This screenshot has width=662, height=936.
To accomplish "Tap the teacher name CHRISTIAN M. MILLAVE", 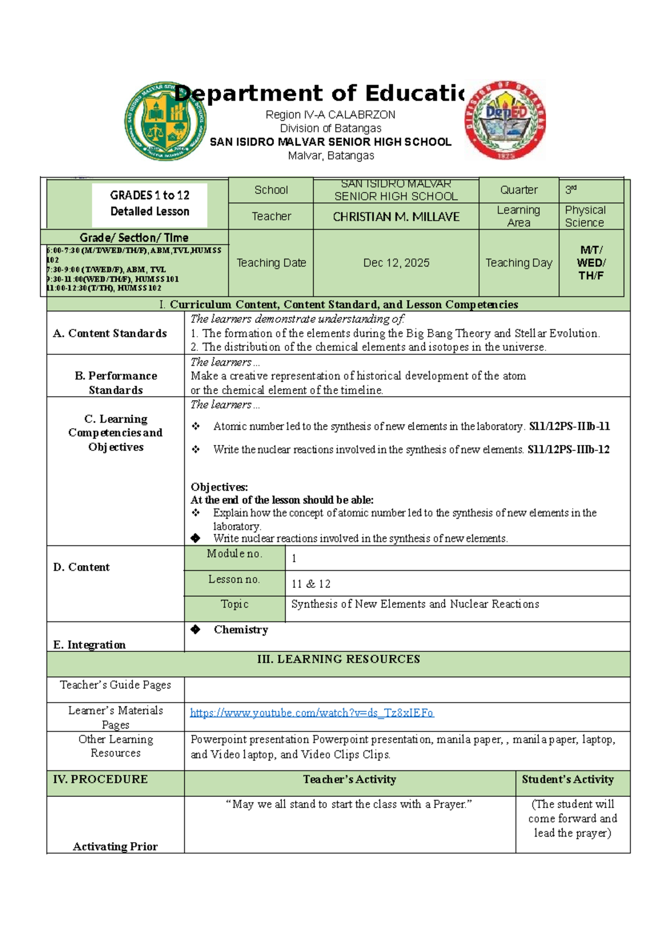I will (x=396, y=217).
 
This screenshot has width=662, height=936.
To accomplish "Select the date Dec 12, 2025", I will (x=396, y=263).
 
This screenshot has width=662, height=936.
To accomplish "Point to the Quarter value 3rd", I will (x=571, y=189).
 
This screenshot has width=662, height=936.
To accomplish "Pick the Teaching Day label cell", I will (x=519, y=263).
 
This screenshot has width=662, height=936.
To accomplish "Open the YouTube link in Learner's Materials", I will (x=312, y=713).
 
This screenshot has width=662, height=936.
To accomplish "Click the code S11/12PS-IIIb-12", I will (x=568, y=450).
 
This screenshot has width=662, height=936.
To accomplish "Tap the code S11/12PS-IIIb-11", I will (x=569, y=427).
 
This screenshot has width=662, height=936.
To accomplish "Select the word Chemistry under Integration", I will (x=241, y=630).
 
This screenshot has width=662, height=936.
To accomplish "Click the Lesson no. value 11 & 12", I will (x=311, y=584).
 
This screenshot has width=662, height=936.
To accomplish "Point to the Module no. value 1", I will (x=294, y=559).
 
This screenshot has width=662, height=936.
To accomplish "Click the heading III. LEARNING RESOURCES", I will (x=339, y=659).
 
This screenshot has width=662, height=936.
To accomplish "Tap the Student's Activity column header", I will (x=568, y=779).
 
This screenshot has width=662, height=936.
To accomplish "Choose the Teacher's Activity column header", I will (x=349, y=779).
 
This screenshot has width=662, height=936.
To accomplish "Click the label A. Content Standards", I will (x=110, y=333).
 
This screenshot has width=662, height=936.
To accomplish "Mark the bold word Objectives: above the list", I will (x=219, y=487).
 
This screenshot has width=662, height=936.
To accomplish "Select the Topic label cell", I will (x=234, y=604).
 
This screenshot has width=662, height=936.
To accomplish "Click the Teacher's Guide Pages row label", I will (x=115, y=685).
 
